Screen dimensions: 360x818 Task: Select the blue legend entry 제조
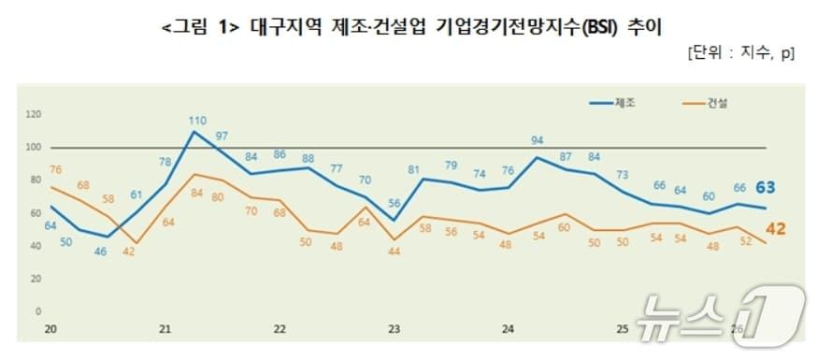(x=625, y=102)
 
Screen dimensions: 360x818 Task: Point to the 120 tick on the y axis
(x=35, y=115)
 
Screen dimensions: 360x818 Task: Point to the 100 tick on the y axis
(x=35, y=148)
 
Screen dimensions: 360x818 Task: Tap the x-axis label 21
(x=165, y=329)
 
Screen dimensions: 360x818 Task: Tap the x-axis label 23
(x=394, y=329)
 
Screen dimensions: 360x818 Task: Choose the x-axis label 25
(x=622, y=329)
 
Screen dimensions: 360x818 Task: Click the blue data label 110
(x=196, y=121)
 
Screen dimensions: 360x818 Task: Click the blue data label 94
(x=537, y=141)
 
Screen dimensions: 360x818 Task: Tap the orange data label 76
(x=55, y=169)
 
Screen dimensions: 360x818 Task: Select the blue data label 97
(x=222, y=137)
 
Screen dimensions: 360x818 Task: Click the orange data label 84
(x=196, y=194)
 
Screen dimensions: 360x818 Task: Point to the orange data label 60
(x=564, y=228)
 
